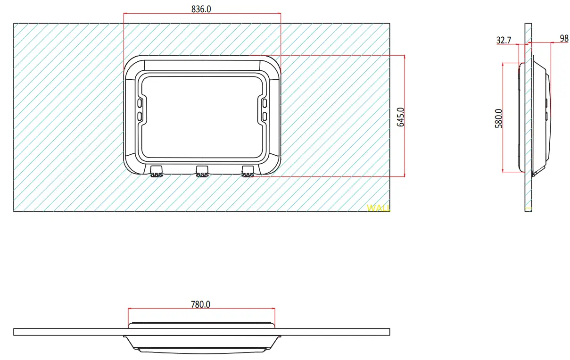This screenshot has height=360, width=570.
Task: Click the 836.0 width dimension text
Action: [201, 9]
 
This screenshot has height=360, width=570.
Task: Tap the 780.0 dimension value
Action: [201, 304]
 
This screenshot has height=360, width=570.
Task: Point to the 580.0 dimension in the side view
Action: [499, 118]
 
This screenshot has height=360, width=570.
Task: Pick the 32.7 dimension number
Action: [504, 41]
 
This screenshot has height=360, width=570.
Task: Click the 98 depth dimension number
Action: [564, 39]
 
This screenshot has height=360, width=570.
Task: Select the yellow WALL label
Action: [378, 208]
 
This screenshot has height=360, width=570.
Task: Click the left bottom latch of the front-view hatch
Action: [157, 171]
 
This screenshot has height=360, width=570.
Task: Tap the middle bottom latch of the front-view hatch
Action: [202, 171]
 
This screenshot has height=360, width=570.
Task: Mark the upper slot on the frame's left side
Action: [140, 103]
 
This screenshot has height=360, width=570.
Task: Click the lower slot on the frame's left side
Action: [140, 116]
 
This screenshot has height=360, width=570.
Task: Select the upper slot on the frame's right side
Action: [264, 103]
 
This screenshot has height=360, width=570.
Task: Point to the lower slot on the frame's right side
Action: [264, 116]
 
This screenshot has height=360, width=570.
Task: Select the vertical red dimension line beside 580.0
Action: [503, 142]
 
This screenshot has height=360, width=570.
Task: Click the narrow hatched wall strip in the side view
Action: [528, 189]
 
